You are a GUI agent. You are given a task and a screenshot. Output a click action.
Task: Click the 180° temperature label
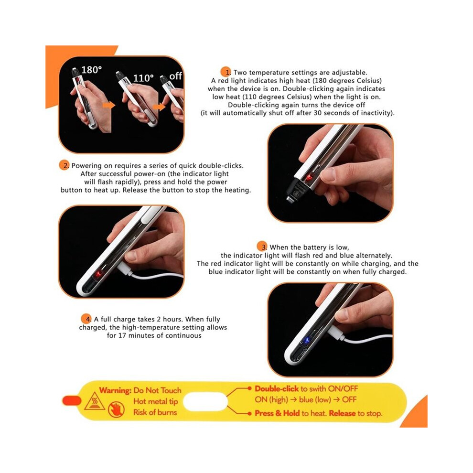91,70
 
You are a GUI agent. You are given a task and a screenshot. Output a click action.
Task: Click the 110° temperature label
143,78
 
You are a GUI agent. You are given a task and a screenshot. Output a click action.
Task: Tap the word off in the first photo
175,76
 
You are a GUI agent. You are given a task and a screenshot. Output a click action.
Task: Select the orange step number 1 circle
226,72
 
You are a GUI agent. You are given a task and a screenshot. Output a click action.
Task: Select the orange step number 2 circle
64,165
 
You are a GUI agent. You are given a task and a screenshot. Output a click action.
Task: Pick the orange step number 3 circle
262,247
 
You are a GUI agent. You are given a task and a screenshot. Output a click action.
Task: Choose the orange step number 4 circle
86,319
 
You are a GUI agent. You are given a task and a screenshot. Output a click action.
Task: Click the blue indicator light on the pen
307,341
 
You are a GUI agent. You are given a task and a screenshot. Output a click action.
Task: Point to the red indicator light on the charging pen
98,275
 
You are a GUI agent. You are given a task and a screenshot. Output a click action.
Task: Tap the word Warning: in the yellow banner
115,390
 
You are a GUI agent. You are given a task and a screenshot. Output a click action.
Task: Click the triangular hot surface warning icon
95,402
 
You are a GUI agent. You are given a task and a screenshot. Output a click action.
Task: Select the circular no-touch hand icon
116,409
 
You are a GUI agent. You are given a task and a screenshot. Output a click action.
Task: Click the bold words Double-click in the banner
277,388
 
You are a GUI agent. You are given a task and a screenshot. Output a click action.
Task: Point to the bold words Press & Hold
277,413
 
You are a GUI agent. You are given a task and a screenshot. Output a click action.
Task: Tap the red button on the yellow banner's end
72,401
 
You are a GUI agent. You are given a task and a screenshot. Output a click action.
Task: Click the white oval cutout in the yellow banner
205,402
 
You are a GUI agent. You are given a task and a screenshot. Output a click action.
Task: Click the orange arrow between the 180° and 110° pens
109,105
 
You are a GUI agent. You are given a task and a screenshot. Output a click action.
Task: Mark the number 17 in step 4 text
121,335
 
